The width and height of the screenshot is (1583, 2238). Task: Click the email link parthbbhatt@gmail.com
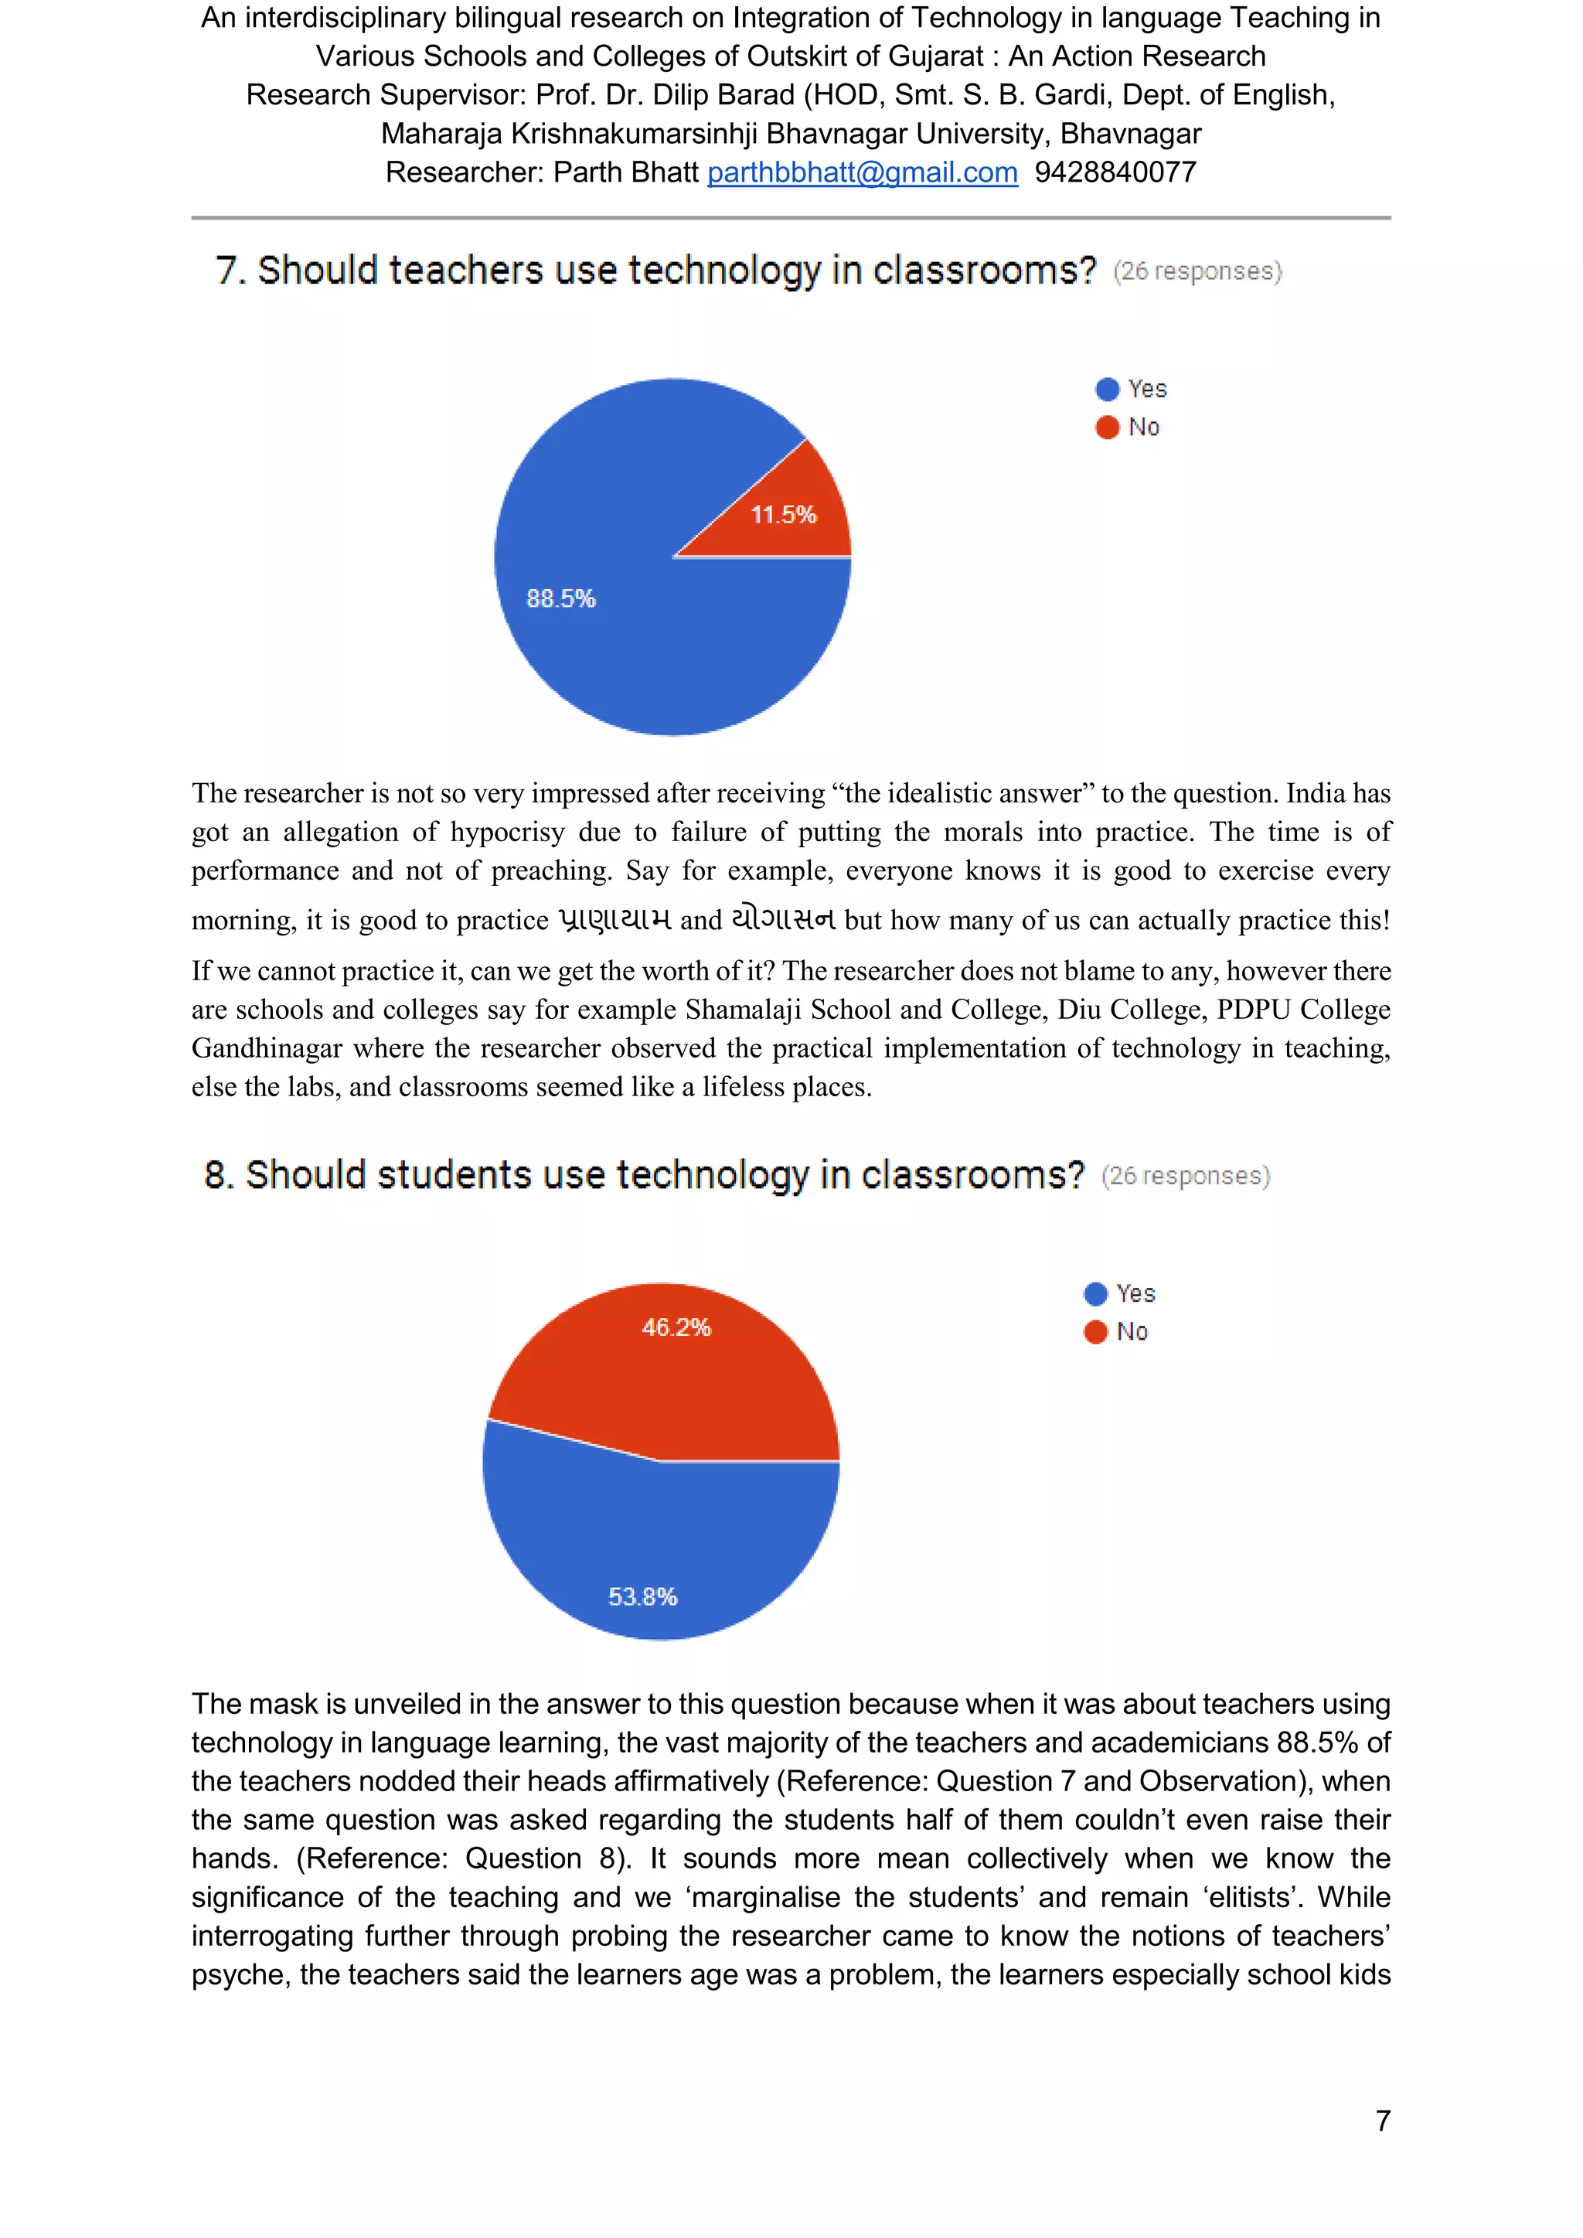coord(862,172)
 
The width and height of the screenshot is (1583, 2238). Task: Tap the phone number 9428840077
coord(1115,172)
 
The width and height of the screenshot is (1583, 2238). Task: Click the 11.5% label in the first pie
coord(783,515)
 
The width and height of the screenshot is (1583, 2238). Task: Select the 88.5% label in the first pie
coord(560,598)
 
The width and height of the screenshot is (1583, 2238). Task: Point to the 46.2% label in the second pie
coord(676,1327)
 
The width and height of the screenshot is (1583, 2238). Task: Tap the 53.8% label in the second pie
coord(642,1596)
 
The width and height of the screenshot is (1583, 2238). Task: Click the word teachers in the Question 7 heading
coord(465,270)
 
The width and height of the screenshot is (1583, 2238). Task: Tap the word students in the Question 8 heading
coord(454,1176)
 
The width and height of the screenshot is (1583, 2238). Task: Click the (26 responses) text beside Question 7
coord(1197,271)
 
